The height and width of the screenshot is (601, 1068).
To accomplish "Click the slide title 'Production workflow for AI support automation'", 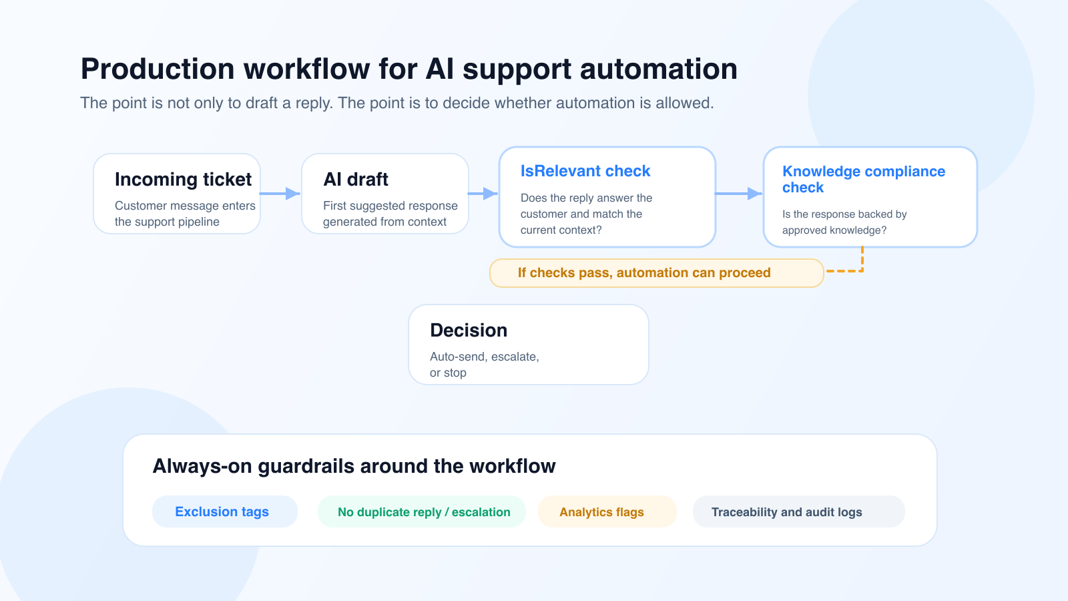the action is [x=409, y=69].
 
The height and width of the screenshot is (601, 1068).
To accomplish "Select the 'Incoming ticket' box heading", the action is [x=183, y=180].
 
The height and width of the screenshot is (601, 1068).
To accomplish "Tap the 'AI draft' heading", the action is [x=356, y=180].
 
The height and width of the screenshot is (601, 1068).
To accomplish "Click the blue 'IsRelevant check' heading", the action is [x=585, y=172].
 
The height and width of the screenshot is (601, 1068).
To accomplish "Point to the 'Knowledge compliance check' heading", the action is [x=863, y=180].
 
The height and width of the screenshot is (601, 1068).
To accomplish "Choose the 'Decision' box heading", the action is [x=469, y=331].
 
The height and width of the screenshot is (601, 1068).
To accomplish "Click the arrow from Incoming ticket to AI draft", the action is [x=280, y=194].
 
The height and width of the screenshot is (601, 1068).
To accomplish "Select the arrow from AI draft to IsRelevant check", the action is [x=483, y=194].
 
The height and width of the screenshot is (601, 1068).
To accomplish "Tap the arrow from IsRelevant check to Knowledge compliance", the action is [x=738, y=194].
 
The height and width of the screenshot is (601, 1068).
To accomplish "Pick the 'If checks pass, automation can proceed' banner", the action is [x=644, y=273].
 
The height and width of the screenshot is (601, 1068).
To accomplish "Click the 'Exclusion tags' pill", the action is [x=222, y=512].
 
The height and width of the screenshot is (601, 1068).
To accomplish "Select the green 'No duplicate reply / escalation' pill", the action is [x=424, y=512].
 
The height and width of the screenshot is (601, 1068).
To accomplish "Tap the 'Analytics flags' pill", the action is [x=601, y=512].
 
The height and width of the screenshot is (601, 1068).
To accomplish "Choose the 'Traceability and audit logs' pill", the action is [x=786, y=512].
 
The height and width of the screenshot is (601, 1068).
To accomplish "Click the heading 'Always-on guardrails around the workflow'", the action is [x=354, y=466].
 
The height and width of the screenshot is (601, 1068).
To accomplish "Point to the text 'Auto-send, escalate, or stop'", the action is [x=484, y=365].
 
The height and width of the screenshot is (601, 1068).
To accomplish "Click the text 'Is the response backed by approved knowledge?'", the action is [x=844, y=222].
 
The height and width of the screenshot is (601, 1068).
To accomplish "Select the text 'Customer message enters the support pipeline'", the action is [x=185, y=214].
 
